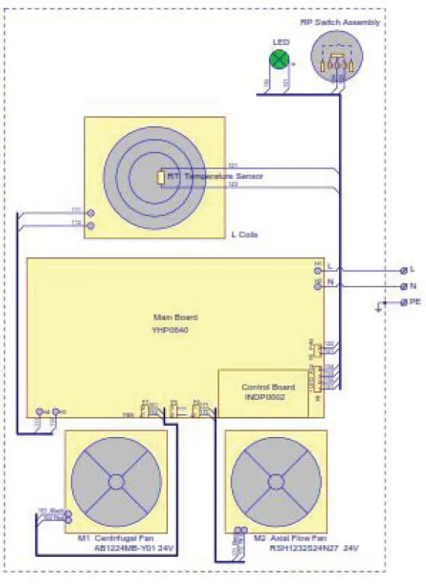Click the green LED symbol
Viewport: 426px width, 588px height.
pos(278,61)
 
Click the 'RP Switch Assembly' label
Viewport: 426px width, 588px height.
pos(340,22)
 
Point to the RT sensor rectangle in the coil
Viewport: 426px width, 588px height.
pos(160,178)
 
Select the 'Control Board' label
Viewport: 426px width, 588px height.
pos(268,387)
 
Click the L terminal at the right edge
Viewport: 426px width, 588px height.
pos(404,270)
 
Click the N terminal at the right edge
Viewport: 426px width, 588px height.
pos(404,286)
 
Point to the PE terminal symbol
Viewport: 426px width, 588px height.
pos(404,303)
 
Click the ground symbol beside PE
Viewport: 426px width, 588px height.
pos(378,309)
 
